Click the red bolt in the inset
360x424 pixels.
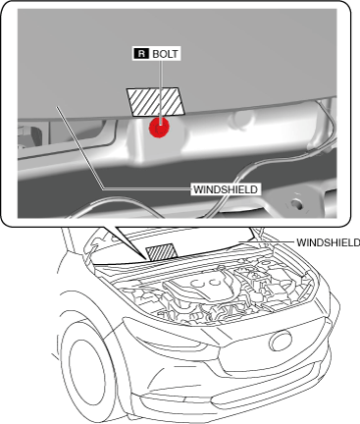159,128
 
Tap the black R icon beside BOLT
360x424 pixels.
141,54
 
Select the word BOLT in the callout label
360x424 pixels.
166,54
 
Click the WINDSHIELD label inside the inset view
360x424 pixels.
226,189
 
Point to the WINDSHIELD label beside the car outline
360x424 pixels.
328,242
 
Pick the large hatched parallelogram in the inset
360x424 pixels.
156,102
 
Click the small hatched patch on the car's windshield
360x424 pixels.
162,252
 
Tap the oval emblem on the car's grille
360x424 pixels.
281,341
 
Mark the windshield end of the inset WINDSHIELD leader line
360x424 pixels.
57,107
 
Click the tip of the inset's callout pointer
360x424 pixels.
146,258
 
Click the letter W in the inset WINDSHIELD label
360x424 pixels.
197,189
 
